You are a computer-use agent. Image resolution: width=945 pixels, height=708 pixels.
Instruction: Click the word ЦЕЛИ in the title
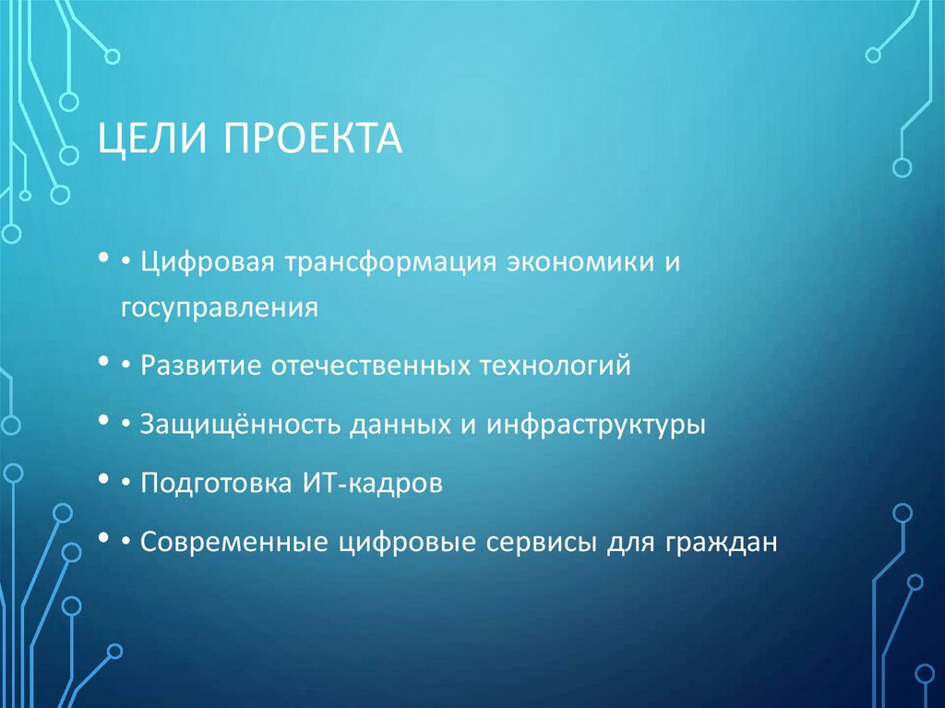(x=151, y=140)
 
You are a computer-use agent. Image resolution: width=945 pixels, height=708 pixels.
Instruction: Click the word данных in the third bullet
(x=396, y=426)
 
